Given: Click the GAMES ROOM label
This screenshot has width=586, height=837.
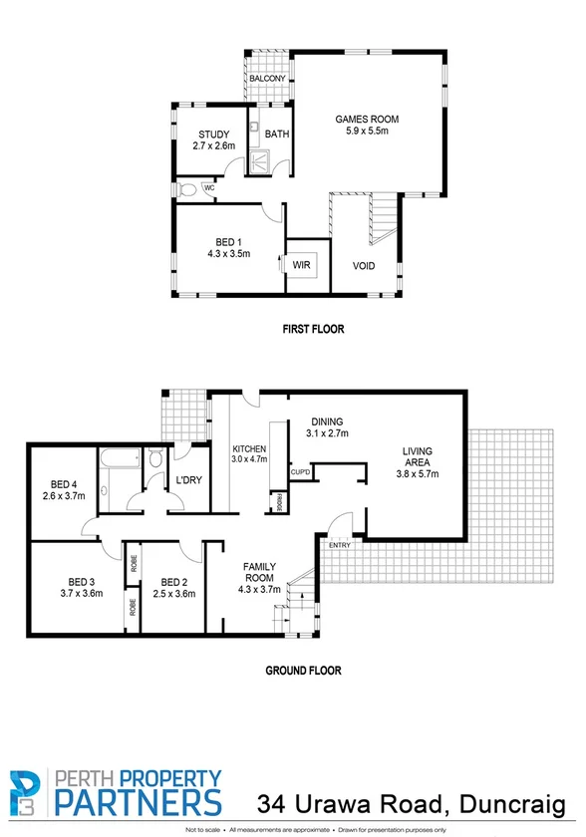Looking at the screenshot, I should tap(366, 120).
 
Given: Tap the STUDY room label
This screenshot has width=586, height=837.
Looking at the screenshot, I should tap(213, 135).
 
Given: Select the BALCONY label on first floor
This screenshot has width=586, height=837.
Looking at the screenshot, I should tap(268, 79).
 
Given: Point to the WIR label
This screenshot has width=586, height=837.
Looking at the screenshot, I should tap(301, 264).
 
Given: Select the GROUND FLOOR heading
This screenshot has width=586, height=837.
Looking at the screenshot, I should tap(303, 671).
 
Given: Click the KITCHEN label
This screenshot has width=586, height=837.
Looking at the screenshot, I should tap(249, 448).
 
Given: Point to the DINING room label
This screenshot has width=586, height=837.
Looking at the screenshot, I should tap(326, 420).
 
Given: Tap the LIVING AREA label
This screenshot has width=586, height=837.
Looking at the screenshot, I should tap(417, 456).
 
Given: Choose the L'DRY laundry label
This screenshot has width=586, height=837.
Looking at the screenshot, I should tap(188, 480).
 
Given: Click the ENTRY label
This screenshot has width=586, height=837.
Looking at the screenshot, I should tap(340, 545).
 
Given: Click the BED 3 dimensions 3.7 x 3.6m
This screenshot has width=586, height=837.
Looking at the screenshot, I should tap(81, 594).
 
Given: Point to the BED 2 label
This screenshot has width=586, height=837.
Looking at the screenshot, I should tap(174, 582).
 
